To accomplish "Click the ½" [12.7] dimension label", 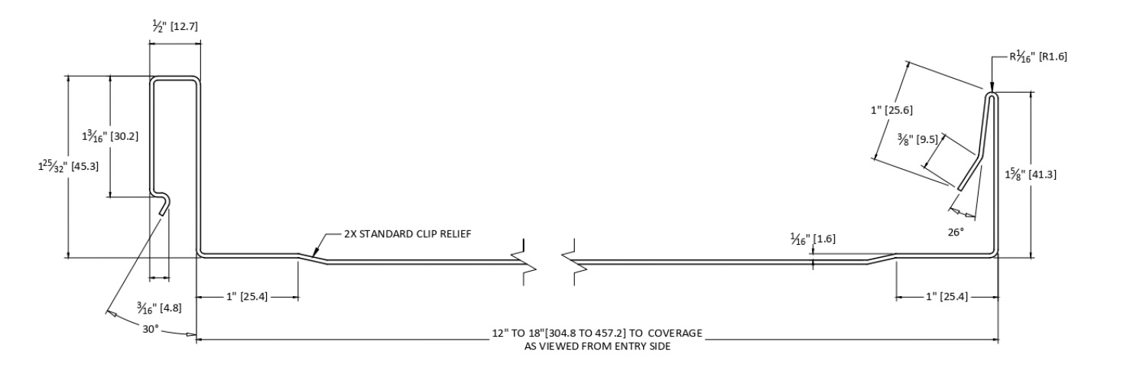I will pos(175,28).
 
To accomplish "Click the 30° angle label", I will pos(150,328).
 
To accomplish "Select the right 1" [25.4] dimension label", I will pos(935,295).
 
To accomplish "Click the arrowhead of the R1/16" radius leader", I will pos(991,88).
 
